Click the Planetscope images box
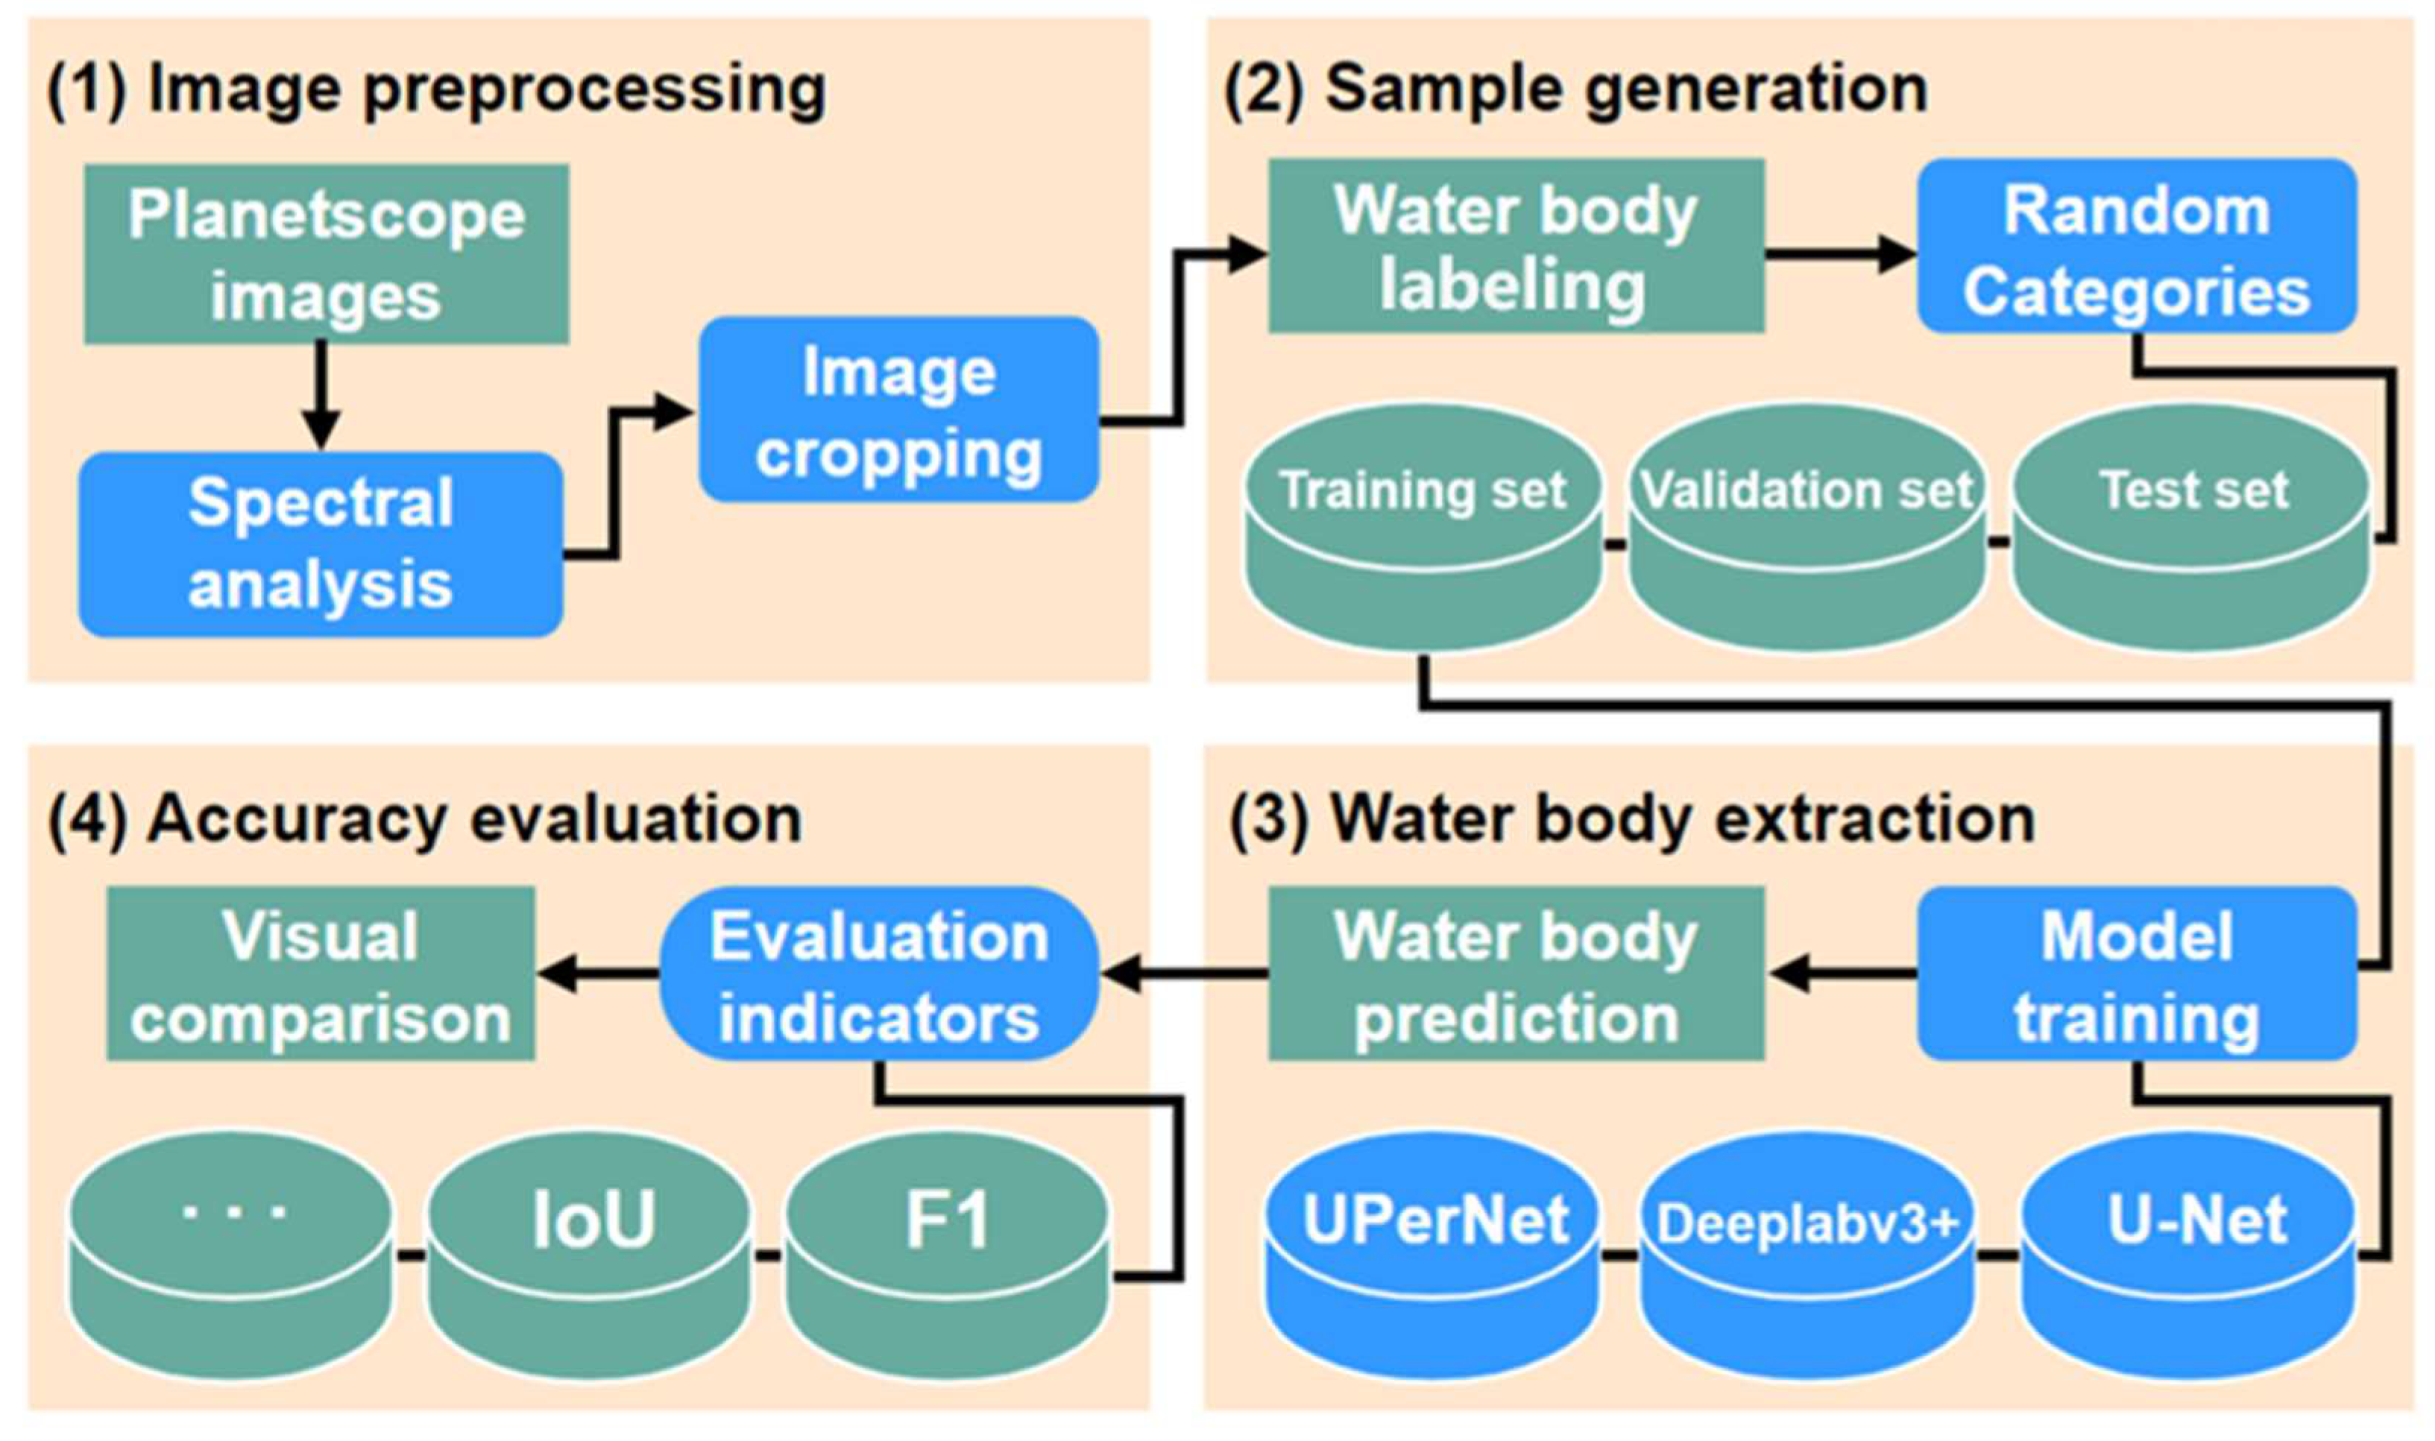tap(327, 253)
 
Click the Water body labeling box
tap(1516, 246)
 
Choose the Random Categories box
tap(2137, 246)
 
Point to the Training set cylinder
tap(1423, 527)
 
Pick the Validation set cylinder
tap(1806, 527)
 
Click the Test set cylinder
tap(2190, 527)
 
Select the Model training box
tap(2137, 973)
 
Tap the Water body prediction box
tap(1516, 973)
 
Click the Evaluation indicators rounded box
tap(880, 973)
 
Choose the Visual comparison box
tap(321, 973)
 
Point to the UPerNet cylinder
tap(1433, 1255)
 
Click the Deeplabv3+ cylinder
tap(1806, 1255)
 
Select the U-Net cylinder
tap(2188, 1255)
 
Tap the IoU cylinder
tap(589, 1255)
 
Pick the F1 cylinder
tap(948, 1255)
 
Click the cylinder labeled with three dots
tap(232, 1255)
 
